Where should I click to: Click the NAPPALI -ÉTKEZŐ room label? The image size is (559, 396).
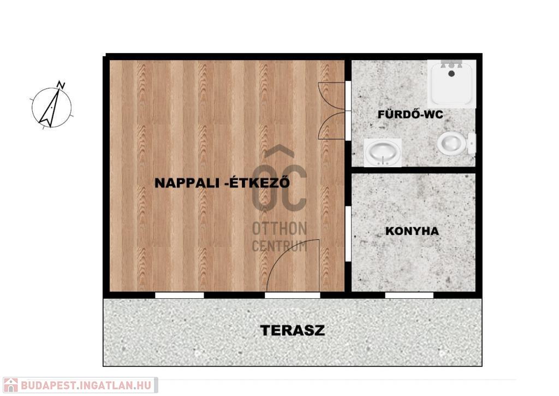[222, 182]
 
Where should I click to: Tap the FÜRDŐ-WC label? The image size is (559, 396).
[411, 114]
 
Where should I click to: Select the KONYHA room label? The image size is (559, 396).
[412, 231]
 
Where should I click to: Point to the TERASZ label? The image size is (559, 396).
[293, 330]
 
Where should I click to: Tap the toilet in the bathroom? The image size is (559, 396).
[456, 144]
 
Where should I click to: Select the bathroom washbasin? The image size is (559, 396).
[383, 152]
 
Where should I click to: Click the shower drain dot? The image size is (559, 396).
[451, 74]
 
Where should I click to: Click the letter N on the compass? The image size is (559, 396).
[61, 85]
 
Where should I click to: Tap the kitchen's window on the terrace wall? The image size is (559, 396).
[409, 295]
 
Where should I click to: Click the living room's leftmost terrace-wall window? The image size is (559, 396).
[179, 295]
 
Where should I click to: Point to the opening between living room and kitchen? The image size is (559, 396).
[348, 234]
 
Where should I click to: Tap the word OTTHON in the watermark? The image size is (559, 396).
[279, 229]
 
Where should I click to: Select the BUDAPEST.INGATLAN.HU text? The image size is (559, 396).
[86, 385]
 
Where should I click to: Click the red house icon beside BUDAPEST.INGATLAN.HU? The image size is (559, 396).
[11, 385]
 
